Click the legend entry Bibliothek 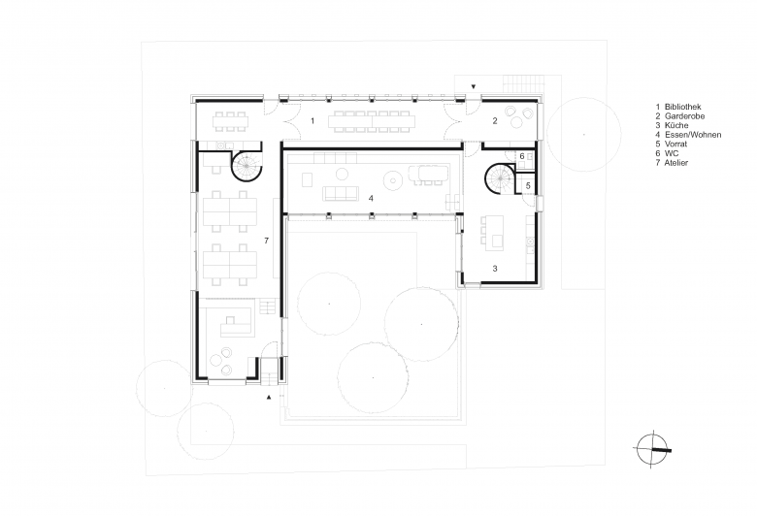tap(682, 107)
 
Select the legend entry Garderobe tap(684, 115)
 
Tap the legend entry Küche tap(675, 125)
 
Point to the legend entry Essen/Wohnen tap(693, 135)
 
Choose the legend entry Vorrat tap(675, 144)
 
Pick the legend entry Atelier tap(675, 163)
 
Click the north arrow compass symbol tap(652, 449)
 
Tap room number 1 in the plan tap(313, 120)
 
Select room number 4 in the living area tap(371, 199)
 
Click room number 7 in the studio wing tap(267, 241)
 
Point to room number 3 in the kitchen tap(495, 269)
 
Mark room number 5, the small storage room tap(528, 186)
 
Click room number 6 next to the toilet tap(522, 156)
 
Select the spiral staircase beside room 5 tap(501, 178)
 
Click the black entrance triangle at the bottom tap(270, 397)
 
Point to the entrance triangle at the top tap(474, 87)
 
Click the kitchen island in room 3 tap(496, 233)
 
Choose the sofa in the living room tap(341, 194)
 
